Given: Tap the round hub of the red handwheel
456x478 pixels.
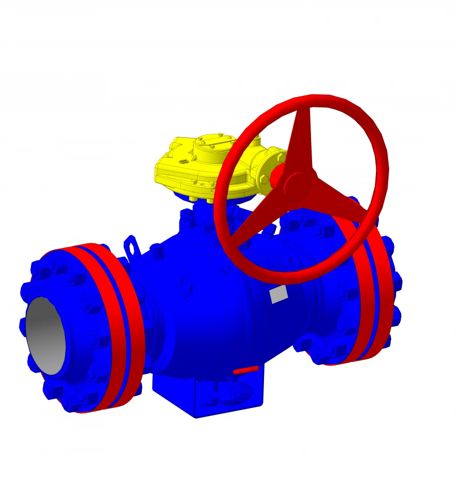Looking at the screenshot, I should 297,187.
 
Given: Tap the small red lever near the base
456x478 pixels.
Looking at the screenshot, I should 246,371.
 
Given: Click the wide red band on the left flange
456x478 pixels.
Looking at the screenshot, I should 127,324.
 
